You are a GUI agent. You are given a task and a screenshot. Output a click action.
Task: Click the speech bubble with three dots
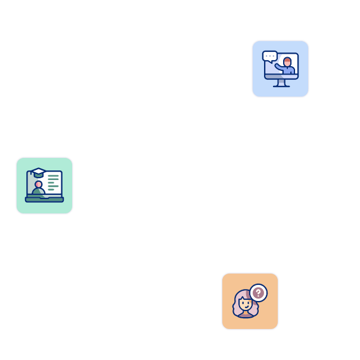[x=270, y=56]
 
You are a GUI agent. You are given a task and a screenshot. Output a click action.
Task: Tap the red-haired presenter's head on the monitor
[x=287, y=62]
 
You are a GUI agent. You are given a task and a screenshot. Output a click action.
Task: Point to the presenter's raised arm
[x=279, y=67]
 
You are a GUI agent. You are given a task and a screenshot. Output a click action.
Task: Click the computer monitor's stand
[x=281, y=83]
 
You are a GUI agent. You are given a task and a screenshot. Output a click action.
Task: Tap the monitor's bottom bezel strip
[x=281, y=77]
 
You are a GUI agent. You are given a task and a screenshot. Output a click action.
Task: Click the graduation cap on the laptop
[x=39, y=172]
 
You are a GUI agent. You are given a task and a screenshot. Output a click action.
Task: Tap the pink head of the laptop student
[x=38, y=185]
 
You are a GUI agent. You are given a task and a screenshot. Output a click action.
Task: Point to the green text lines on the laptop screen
[x=54, y=182]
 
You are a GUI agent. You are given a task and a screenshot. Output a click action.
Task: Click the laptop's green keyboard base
[x=44, y=200]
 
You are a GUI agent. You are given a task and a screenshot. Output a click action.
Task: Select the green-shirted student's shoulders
[x=38, y=192]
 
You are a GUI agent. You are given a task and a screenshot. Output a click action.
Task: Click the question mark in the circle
[x=258, y=293]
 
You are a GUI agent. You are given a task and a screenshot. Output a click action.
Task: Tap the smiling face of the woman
[x=245, y=304]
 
